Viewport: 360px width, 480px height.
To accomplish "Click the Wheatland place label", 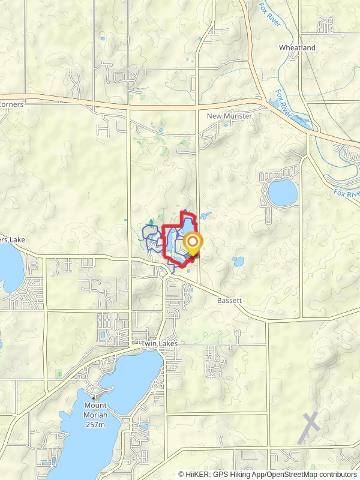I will (x=297, y=47).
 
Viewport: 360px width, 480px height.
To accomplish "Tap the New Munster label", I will (x=227, y=115).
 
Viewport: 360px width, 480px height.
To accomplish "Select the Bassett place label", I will (x=230, y=299).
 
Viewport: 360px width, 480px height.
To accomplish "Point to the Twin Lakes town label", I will (x=157, y=344).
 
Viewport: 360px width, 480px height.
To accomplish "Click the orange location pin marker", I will (x=193, y=243).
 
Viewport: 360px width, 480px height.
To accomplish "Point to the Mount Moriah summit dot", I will (x=94, y=397).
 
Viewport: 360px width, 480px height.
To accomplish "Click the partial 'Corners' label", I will (x=11, y=104).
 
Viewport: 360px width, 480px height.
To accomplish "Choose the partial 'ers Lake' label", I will (x=11, y=240).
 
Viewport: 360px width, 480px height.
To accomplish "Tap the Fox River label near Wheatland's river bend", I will (x=282, y=103).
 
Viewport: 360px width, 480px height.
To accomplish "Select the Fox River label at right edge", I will (x=346, y=193).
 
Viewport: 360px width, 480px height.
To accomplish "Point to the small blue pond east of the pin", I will (x=238, y=262).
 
